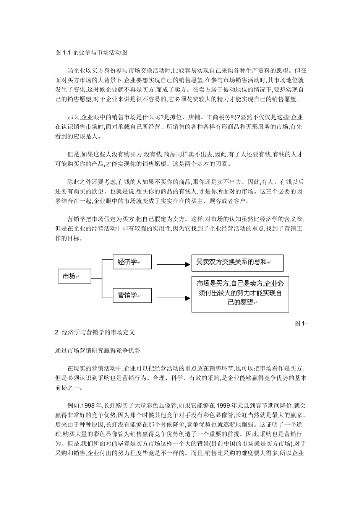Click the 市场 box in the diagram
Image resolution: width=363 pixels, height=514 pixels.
(x=74, y=276)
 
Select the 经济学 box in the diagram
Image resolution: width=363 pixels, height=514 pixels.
(x=132, y=262)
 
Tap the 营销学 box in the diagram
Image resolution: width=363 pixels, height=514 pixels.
(x=132, y=295)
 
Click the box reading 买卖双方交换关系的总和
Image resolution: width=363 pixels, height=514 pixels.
(x=237, y=263)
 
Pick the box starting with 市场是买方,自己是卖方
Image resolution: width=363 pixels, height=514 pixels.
(x=240, y=293)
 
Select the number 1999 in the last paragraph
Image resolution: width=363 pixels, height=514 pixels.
(x=224, y=405)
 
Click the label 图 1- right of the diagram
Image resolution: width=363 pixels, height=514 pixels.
(x=301, y=324)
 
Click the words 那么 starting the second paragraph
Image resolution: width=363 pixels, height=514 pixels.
(x=73, y=117)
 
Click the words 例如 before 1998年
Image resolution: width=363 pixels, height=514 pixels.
(x=73, y=405)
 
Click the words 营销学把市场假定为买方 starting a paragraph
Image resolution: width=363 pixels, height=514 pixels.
(x=101, y=219)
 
